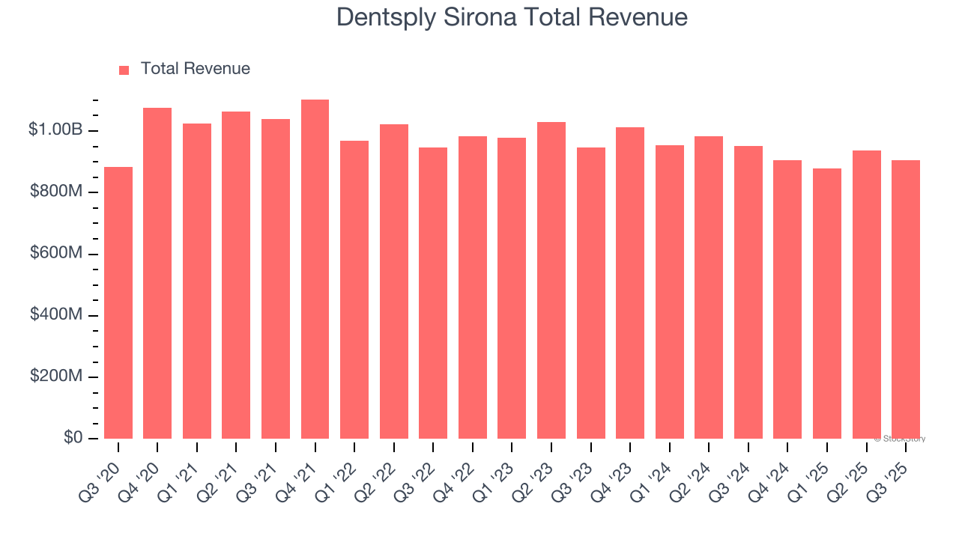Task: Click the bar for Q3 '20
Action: pos(118,302)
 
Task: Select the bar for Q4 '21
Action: pos(315,269)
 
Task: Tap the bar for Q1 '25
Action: pos(827,303)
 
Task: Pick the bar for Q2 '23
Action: pos(551,280)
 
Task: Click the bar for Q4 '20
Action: pos(157,273)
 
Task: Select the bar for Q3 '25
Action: pos(906,299)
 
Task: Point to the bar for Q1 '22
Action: pos(354,290)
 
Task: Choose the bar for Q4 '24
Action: pos(787,299)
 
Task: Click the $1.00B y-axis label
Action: pos(55,130)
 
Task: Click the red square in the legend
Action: pos(124,70)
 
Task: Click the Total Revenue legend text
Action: pos(195,69)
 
